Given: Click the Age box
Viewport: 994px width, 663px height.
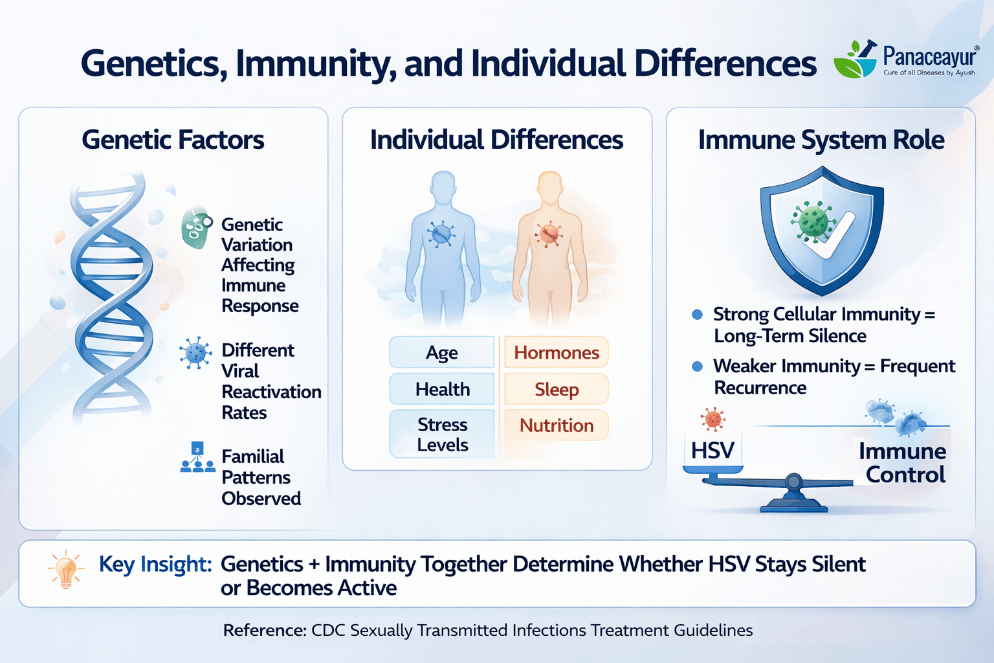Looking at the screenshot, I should (x=442, y=353).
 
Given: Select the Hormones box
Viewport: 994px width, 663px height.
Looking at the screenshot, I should (x=557, y=353).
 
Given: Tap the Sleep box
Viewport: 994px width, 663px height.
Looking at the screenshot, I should (x=557, y=389).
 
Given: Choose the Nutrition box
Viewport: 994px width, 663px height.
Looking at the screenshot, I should (x=557, y=425).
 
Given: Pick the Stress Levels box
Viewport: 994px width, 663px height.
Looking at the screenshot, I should (x=442, y=434).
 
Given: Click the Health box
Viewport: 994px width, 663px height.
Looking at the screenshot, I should (x=442, y=389).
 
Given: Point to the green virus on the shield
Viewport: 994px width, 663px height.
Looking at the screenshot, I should (x=813, y=221).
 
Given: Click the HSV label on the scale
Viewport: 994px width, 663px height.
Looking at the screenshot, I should (x=712, y=450).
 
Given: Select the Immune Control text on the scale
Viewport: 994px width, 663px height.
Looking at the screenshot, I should (x=903, y=463).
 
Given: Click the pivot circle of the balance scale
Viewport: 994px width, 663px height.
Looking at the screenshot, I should (x=794, y=482).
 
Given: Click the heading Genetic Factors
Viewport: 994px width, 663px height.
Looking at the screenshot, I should (x=173, y=140).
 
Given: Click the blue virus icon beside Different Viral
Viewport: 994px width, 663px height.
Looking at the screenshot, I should (x=195, y=353).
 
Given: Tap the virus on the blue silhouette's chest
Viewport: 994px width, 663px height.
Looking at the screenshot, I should (x=441, y=233).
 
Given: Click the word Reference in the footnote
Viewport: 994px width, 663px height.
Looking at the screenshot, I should (x=264, y=630).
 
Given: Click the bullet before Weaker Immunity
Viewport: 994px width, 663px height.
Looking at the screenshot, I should (x=697, y=366).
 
